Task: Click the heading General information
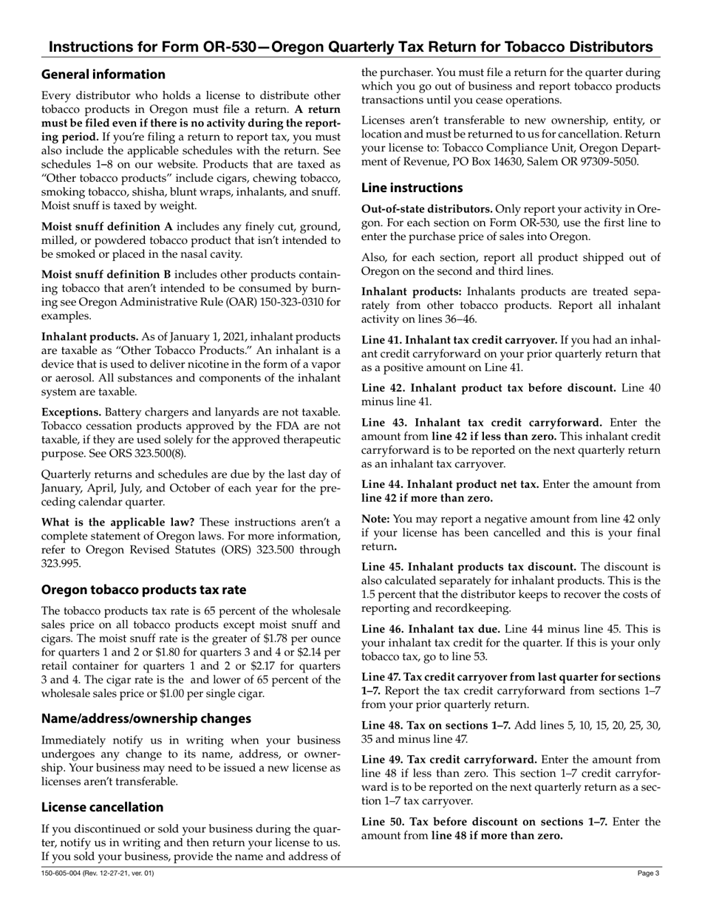pos(103,75)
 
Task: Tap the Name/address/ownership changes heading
pos(146,718)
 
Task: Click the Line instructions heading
pos(412,188)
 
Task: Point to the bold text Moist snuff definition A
pos(112,226)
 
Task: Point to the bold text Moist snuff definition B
pos(112,274)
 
